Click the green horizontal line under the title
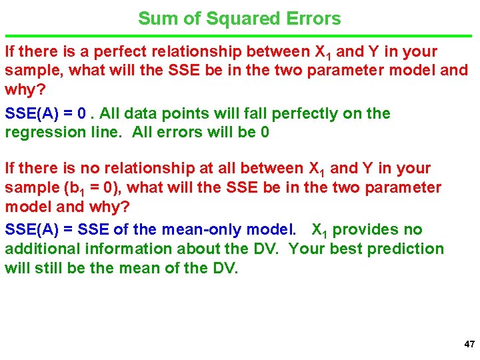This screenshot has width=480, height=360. click(240, 35)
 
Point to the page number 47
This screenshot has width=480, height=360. click(469, 345)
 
